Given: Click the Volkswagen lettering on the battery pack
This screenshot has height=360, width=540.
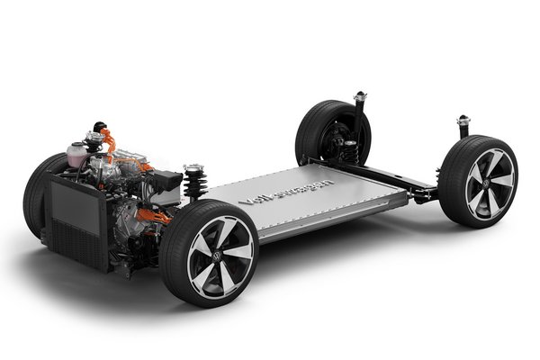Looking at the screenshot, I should (x=286, y=192).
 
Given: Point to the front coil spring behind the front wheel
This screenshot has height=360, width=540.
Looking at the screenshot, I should (x=193, y=181).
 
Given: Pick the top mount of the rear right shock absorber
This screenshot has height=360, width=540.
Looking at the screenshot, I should (x=463, y=121).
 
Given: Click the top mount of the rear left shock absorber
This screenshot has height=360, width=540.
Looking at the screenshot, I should (x=360, y=94).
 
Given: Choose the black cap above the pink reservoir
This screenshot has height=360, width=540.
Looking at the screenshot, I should (x=94, y=137).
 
